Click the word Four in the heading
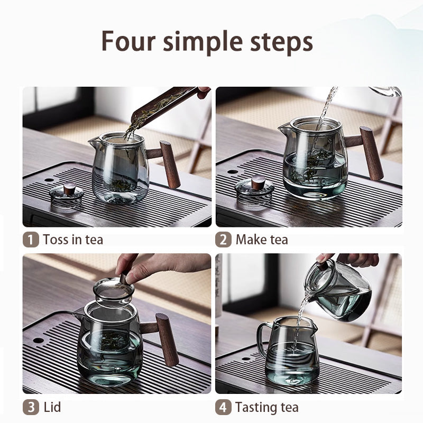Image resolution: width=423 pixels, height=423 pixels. tap(128, 41)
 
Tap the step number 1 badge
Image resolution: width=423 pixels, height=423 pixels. tap(31, 240)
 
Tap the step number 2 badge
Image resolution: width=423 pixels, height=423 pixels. tap(223, 240)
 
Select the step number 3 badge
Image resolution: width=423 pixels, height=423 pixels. tap(31, 407)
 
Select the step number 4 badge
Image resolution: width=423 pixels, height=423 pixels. tap(223, 407)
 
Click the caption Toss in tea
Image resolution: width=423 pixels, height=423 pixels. tap(73, 240)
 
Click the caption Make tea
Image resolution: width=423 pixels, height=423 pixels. tap(262, 240)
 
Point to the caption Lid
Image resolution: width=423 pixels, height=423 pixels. tap(52, 407)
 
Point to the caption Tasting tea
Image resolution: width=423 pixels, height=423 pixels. tap(266, 407)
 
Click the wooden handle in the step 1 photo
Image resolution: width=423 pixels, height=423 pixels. tap(169, 164)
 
